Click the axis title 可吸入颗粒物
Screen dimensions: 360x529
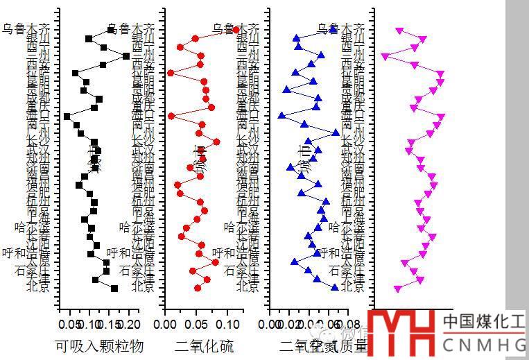[99, 345]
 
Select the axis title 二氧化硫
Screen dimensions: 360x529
[205, 345]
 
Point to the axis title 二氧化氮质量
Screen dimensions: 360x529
[323, 345]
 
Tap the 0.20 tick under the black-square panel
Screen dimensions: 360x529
[130, 324]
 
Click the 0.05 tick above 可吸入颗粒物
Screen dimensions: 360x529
[69, 324]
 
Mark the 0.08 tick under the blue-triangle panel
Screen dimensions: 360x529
[352, 324]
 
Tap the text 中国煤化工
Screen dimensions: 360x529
[484, 321]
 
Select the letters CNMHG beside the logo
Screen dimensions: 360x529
[484, 345]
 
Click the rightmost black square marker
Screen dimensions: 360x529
[125, 55]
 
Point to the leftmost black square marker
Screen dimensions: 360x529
[67, 117]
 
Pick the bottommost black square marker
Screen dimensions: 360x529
[114, 288]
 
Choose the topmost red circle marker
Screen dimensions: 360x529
[236, 30]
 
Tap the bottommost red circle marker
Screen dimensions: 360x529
[198, 288]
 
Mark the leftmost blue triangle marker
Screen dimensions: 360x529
[281, 116]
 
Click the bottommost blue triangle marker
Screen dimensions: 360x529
[335, 288]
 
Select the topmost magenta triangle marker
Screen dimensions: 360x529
[399, 31]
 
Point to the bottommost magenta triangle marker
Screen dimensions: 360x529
[397, 288]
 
